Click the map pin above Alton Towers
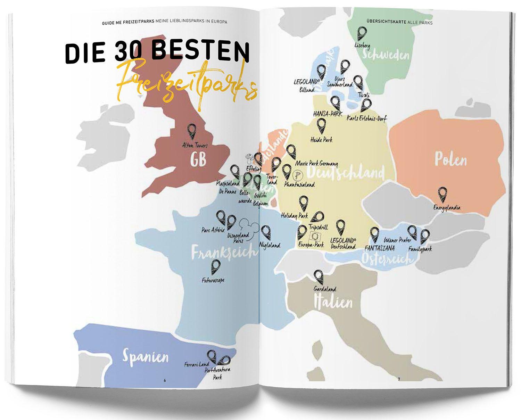[x=191, y=132]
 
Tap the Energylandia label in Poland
[x=447, y=208]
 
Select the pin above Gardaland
[x=318, y=277]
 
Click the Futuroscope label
[x=213, y=279]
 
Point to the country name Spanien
[x=146, y=356]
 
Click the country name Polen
[x=450, y=160]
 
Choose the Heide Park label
[x=321, y=140]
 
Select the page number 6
[x=165, y=380]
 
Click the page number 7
[x=399, y=379]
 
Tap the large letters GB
[x=198, y=159]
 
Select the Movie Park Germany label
[x=316, y=163]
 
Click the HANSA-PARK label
[x=328, y=114]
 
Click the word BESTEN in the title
[x=200, y=52]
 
